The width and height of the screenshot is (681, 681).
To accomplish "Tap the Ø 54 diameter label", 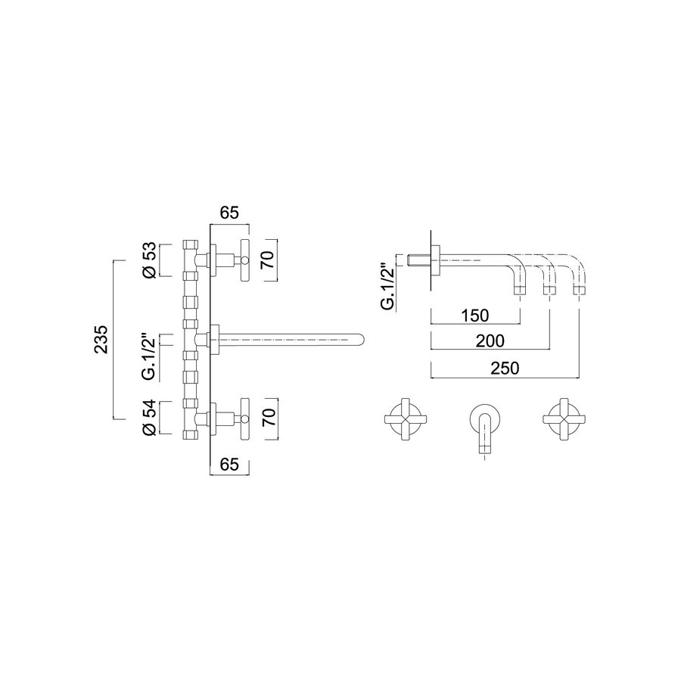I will point(151,417).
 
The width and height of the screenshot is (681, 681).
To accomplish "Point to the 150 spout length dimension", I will point(474,315).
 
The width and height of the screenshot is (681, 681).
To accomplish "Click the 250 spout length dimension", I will point(505,368).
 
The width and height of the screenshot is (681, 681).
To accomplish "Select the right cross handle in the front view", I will point(563,418).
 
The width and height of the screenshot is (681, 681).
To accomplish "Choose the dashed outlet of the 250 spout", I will point(579,290).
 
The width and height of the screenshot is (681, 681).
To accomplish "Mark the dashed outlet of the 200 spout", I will point(549,290).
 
